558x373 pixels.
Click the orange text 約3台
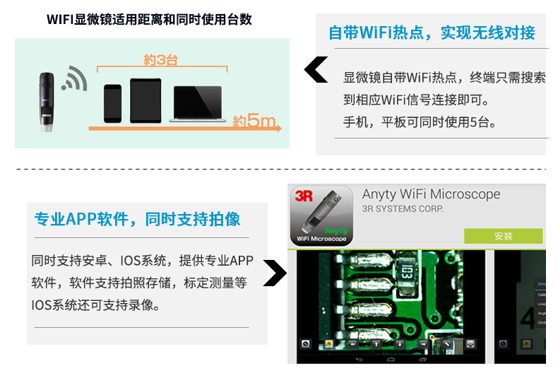coord(161,60)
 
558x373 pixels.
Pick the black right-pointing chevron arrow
coord(274,273)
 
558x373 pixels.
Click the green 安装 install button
coord(503,236)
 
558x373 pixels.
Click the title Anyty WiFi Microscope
coord(431,194)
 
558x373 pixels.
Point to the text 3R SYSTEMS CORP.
coord(403,209)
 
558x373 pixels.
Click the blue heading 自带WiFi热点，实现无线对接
coord(432,32)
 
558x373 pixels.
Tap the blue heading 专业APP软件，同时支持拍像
coord(137,219)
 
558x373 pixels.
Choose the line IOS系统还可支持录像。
coord(95,306)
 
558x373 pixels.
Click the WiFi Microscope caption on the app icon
coord(321,239)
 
